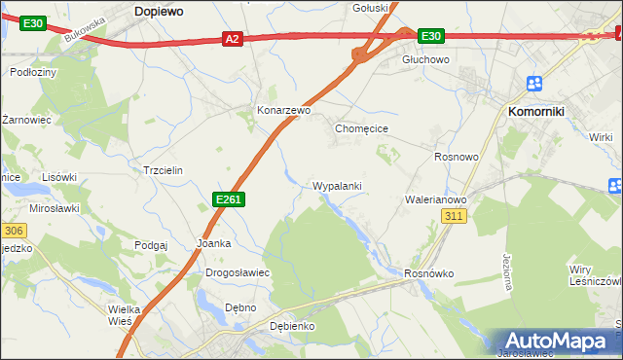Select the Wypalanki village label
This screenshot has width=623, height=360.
pos(338,186)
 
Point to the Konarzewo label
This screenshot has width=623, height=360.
pos(283,111)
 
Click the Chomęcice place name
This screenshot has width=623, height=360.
pos(362,127)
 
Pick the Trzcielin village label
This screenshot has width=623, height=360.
pos(163,169)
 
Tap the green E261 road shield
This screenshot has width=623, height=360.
pos(228,199)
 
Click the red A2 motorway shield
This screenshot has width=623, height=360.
pos(232,39)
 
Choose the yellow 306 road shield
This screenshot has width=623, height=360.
pos(12,231)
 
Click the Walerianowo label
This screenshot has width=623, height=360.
pos(436,199)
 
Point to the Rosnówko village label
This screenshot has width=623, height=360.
pos(429,273)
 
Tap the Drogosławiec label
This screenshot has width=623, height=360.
pos(238,273)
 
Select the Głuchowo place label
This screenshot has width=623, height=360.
pos(425,59)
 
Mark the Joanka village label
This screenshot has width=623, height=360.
pos(213,243)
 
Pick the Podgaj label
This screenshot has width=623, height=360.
pos(152,246)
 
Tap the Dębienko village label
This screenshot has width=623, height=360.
pos(291,326)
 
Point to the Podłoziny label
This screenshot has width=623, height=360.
pos(33,72)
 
